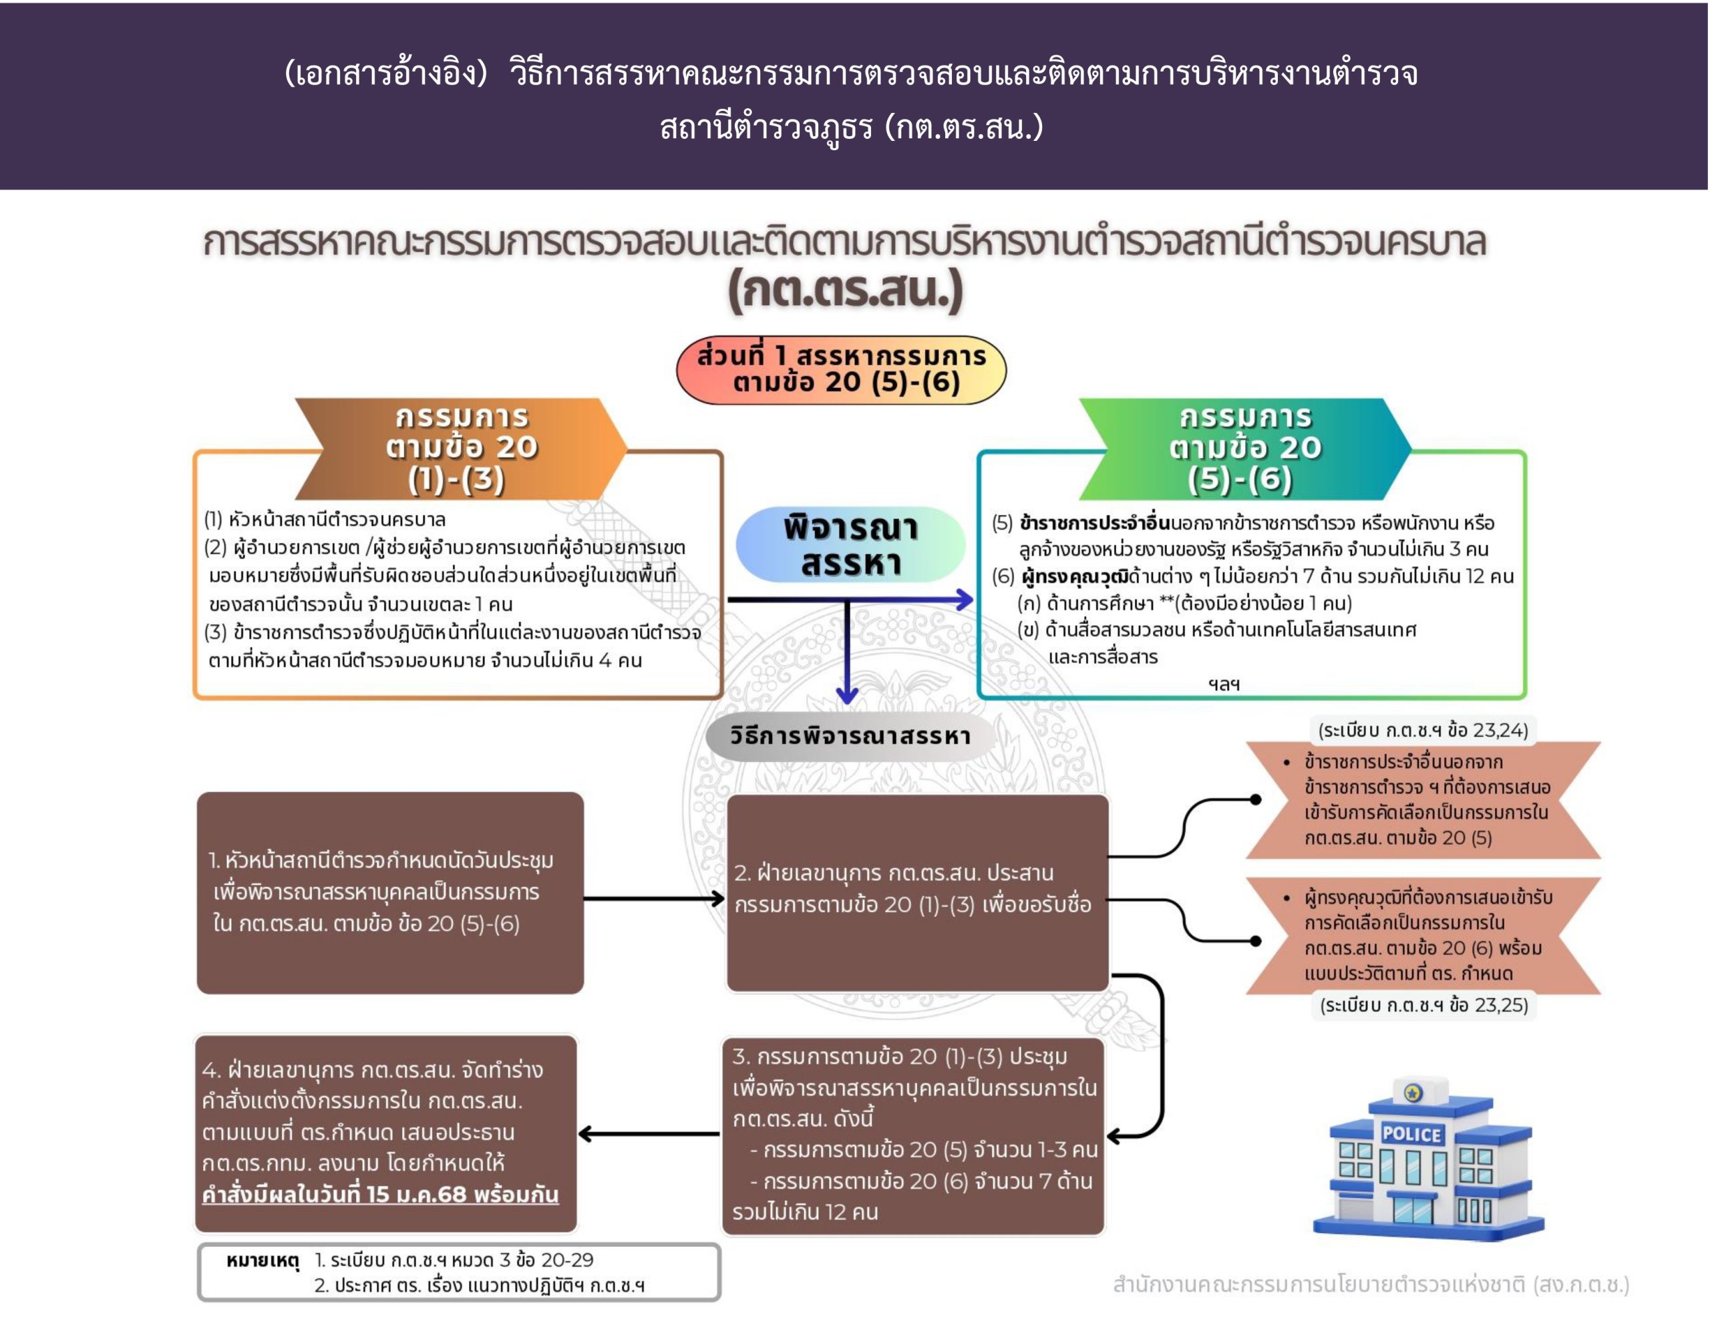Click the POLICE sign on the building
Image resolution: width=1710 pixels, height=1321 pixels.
[1411, 1133]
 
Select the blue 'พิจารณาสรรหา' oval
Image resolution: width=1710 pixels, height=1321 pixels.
[850, 544]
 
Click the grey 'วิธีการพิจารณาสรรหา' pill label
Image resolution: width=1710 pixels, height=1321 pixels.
[850, 736]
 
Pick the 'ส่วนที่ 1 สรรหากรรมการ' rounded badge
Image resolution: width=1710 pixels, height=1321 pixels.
[842, 369]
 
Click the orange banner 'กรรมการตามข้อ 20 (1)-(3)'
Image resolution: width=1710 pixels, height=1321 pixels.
[461, 448]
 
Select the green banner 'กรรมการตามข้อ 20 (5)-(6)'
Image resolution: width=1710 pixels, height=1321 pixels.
[1245, 448]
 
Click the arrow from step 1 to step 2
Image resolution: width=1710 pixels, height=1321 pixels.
[654, 898]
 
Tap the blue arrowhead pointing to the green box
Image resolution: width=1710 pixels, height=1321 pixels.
[965, 600]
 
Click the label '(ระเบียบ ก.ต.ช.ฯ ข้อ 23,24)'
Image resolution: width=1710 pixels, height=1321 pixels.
[1423, 730]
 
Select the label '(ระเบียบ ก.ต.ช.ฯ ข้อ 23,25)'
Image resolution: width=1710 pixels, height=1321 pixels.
[1423, 1004]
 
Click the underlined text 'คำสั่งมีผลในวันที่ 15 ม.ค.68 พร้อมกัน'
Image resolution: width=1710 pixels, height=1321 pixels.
[381, 1194]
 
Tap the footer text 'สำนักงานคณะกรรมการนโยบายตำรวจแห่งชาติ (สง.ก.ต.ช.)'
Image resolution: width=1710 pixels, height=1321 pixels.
[1370, 1284]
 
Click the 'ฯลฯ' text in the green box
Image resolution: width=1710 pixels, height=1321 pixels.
[1224, 684]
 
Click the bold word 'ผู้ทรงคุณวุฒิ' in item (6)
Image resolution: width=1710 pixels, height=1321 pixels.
[1076, 576]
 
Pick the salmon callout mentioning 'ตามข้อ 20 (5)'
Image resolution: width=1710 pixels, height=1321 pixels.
[1423, 799]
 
